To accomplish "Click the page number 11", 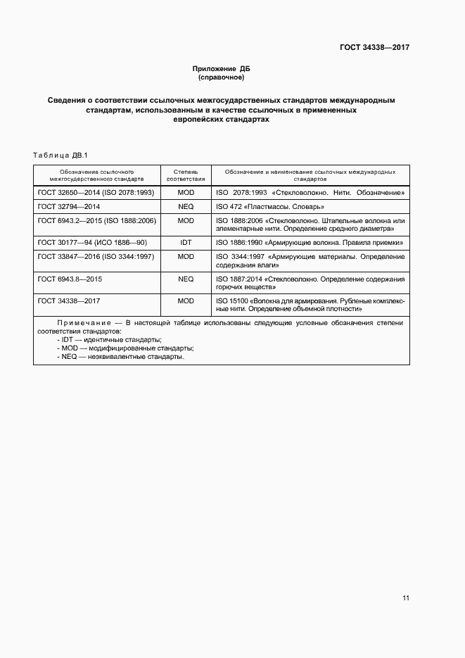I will coord(406,598).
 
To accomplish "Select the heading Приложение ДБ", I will coord(222,69).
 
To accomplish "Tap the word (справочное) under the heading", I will coord(222,77).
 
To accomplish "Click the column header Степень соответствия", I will coord(186,175).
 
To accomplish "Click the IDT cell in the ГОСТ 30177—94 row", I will coord(186,242).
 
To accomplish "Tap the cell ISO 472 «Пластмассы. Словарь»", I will coord(269,207).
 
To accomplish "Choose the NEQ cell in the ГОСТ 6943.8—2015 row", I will coord(186,279).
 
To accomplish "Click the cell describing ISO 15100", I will coord(310,305).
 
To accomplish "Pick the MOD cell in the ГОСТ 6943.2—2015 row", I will coord(186,221).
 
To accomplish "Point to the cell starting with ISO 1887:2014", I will coord(310,284).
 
